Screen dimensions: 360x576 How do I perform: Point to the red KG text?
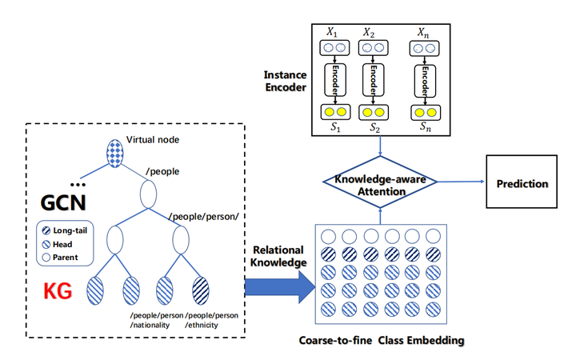[59, 290]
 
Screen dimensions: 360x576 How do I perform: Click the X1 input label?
[331, 33]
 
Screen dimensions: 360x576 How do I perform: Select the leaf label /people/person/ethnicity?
[211, 320]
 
